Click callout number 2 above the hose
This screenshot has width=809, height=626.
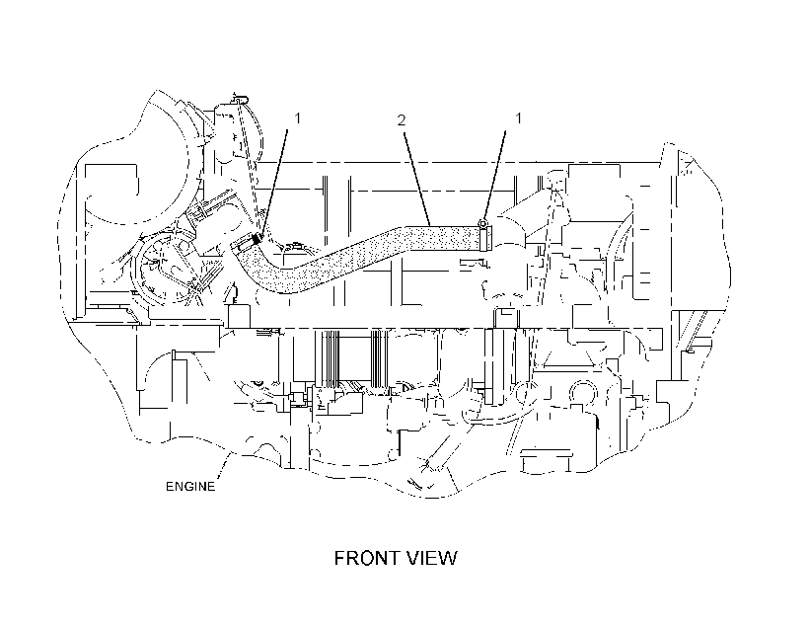(402, 120)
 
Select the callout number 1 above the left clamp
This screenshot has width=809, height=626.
(297, 118)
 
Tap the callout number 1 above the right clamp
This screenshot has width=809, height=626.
(519, 118)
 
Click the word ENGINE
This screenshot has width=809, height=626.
(190, 487)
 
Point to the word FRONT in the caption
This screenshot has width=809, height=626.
(365, 558)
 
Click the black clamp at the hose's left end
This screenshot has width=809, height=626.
(256, 239)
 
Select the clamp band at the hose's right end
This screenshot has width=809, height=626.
(483, 239)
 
